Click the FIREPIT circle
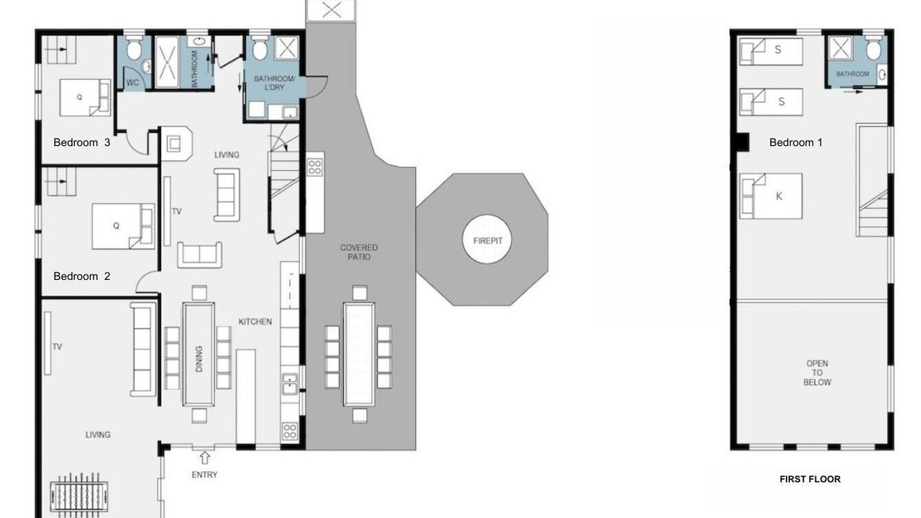(487, 240)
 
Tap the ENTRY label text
(204, 475)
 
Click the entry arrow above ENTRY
(204, 458)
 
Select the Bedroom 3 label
(82, 142)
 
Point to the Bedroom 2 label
(82, 276)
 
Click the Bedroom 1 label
(796, 142)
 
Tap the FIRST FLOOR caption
(810, 479)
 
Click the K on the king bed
(779, 196)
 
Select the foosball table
(78, 493)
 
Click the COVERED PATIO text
(358, 252)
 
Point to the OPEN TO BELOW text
(817, 373)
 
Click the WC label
(132, 83)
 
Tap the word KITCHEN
(255, 322)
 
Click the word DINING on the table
(199, 358)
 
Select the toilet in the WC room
(134, 49)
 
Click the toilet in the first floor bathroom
(874, 49)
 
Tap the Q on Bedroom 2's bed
(116, 226)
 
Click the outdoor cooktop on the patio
(315, 167)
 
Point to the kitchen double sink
(290, 384)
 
